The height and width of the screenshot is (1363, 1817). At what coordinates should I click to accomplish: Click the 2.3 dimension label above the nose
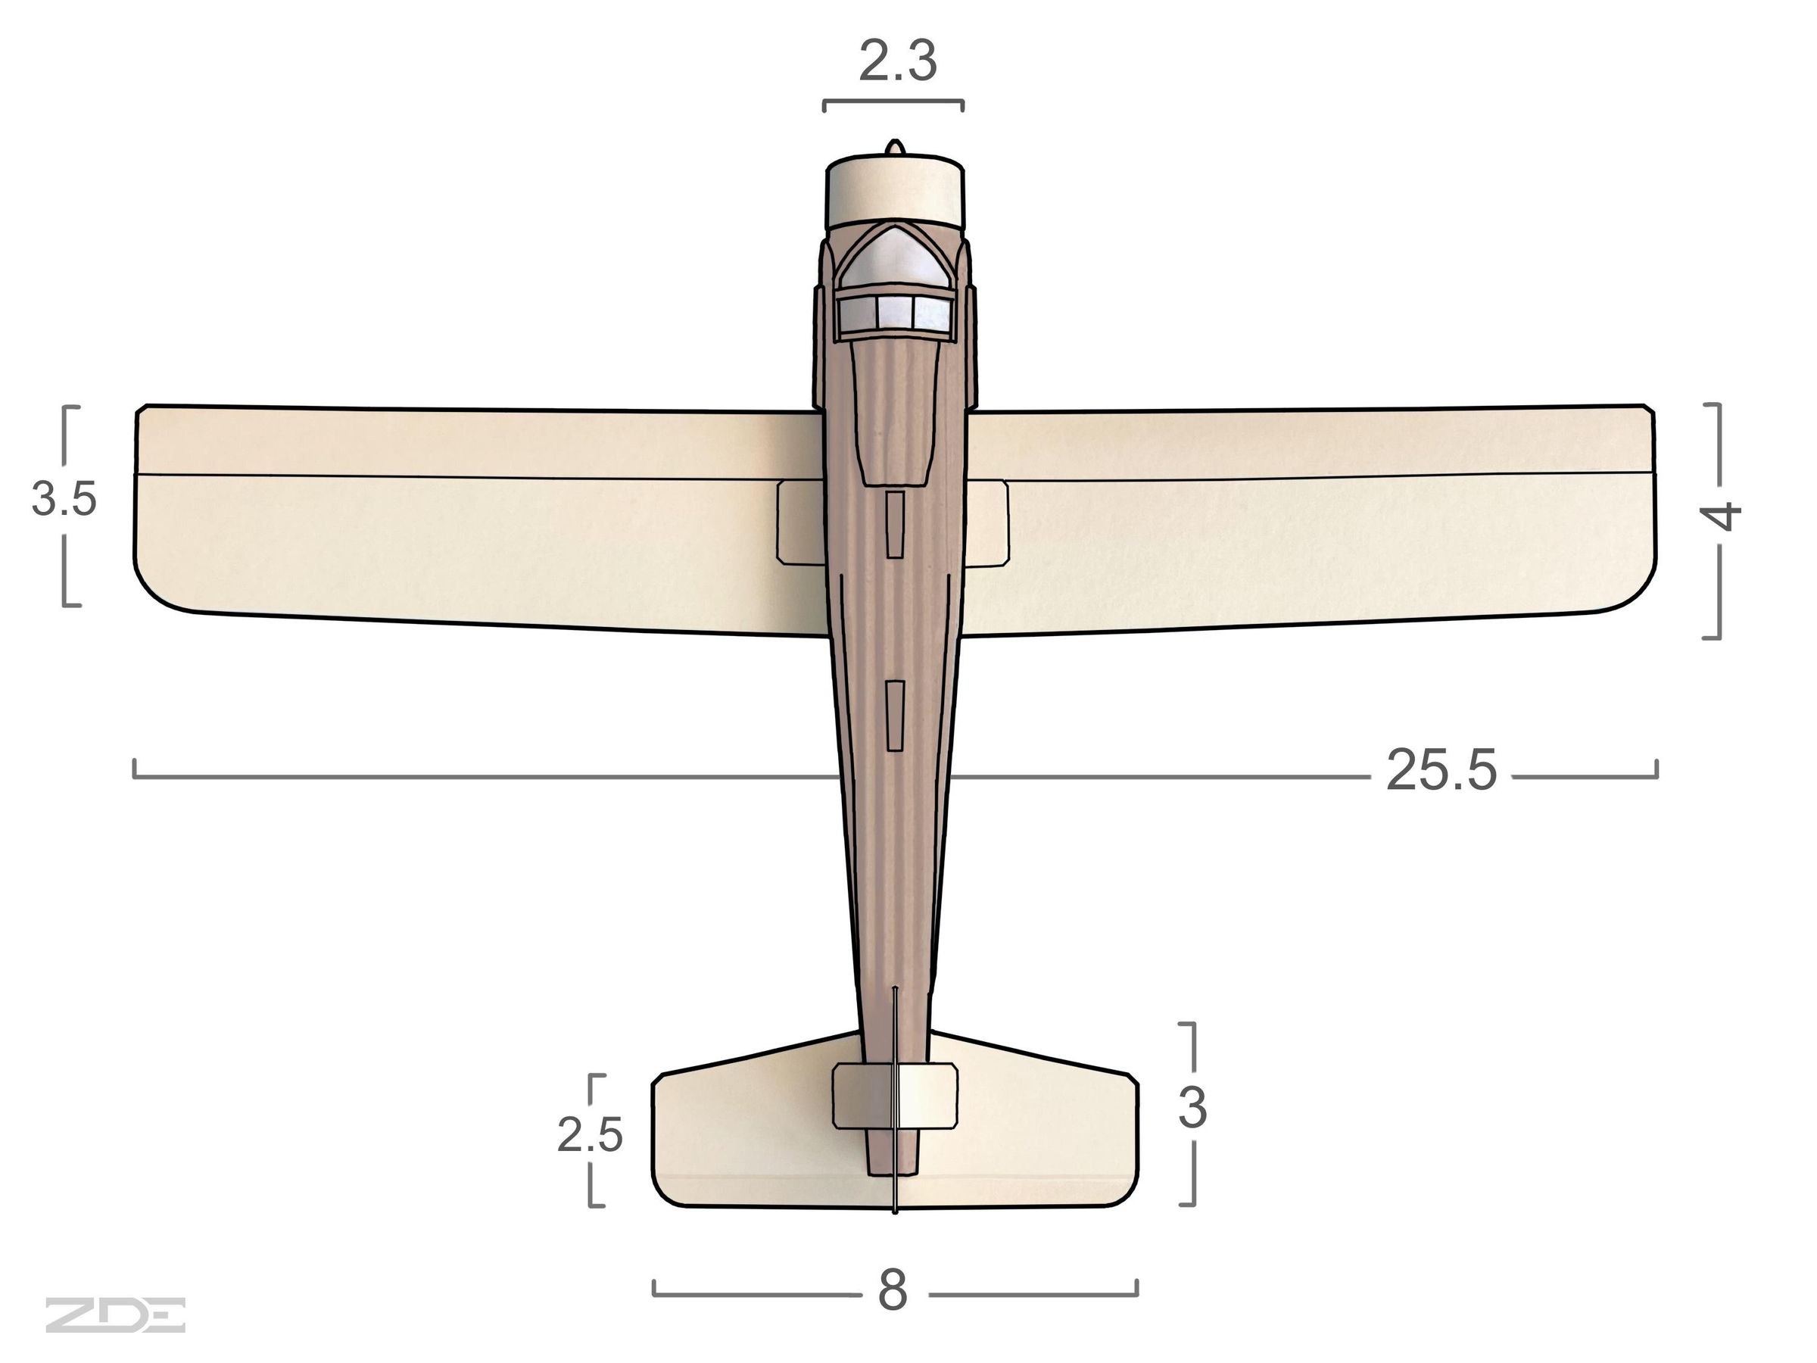897,62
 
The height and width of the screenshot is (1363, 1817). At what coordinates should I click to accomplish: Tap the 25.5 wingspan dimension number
1441,771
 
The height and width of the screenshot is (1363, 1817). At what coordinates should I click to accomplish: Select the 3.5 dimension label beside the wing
64,499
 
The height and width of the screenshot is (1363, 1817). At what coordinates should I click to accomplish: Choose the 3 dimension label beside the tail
1192,1108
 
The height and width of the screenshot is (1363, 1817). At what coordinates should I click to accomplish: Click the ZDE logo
115,1315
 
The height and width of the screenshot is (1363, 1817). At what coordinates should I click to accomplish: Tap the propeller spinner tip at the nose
896,146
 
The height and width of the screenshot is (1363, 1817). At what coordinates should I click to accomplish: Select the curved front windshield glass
895,258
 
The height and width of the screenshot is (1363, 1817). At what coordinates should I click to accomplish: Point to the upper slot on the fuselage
895,524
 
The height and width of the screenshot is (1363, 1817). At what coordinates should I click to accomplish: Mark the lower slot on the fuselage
895,715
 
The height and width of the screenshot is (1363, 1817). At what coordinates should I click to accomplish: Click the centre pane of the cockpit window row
895,311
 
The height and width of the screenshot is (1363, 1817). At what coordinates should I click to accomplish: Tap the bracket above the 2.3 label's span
893,103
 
